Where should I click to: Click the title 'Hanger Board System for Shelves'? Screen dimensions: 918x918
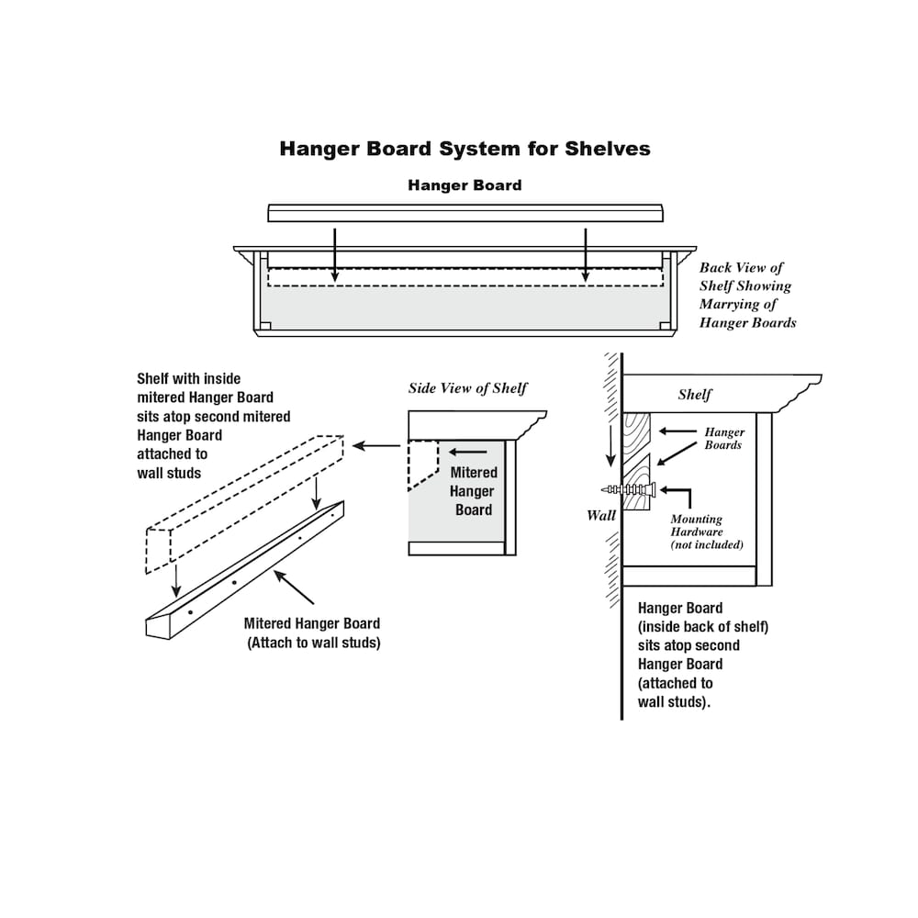pyautogui.click(x=465, y=148)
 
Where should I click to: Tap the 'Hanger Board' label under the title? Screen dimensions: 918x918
pyautogui.click(x=465, y=185)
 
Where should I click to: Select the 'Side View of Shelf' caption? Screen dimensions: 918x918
pyautogui.click(x=467, y=388)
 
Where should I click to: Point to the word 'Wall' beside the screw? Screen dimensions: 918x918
pyautogui.click(x=601, y=515)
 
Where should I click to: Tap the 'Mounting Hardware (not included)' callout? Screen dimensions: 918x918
pyautogui.click(x=706, y=532)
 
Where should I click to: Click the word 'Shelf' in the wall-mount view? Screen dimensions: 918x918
pyautogui.click(x=695, y=394)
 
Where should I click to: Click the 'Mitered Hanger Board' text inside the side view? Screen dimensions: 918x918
pyautogui.click(x=474, y=491)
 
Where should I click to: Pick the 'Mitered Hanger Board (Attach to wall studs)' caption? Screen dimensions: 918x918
pyautogui.click(x=313, y=633)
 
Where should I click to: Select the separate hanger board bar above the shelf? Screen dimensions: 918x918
pyautogui.click(x=465, y=213)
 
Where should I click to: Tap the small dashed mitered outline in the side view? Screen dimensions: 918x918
pyautogui.click(x=423, y=465)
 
